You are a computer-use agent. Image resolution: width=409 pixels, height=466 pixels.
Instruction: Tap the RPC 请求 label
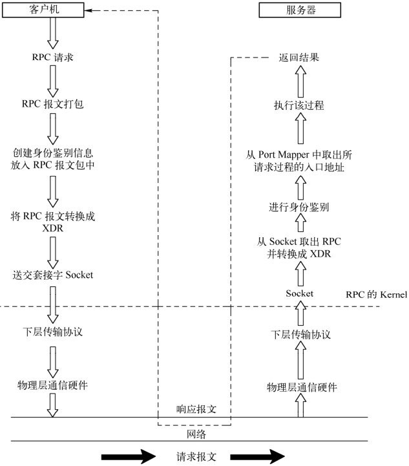[52, 57]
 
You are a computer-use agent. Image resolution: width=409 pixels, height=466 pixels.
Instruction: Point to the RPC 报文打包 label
[52, 103]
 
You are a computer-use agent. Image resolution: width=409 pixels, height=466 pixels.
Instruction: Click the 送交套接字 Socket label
[53, 275]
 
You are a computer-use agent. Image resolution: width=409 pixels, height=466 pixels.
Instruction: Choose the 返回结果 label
[299, 57]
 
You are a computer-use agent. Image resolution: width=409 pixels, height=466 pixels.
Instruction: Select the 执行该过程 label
[299, 105]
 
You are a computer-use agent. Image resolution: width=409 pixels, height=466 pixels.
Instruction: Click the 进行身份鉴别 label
[299, 207]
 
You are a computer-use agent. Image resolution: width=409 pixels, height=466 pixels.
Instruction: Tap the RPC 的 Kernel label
[376, 294]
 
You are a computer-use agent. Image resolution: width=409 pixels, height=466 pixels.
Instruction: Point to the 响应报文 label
[196, 409]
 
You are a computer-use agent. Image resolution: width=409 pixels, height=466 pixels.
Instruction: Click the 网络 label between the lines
[196, 434]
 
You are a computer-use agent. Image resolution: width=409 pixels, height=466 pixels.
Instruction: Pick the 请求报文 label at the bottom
[196, 456]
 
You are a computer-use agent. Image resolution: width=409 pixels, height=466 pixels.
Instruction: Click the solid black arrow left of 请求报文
[129, 456]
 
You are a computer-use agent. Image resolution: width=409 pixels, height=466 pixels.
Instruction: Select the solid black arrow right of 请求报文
[257, 456]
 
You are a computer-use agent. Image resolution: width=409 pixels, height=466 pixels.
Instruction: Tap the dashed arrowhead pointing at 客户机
[89, 10]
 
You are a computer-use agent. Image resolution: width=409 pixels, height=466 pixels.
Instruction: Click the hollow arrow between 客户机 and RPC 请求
[53, 33]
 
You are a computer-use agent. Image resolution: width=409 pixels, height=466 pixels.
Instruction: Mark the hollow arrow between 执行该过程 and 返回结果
[300, 81]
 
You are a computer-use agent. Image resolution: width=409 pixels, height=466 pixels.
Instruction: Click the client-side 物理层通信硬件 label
[52, 385]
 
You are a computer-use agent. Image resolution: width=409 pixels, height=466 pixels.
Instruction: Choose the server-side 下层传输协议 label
[300, 334]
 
